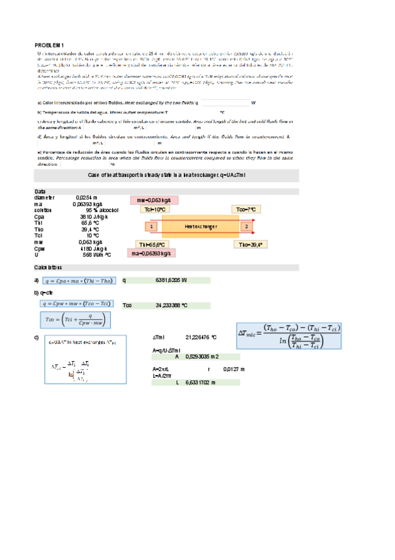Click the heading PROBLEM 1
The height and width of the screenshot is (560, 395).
click(48, 44)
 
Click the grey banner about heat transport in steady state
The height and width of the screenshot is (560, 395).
click(166, 175)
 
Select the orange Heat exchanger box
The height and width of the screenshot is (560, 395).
click(200, 227)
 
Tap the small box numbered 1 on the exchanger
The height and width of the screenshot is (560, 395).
click(151, 227)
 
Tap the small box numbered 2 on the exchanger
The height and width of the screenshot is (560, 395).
click(247, 227)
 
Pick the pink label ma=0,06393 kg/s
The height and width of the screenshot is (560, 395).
click(151, 253)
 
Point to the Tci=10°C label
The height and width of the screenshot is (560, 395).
click(155, 209)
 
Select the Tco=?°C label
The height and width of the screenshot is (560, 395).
click(248, 209)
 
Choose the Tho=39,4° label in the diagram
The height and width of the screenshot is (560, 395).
click(251, 244)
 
